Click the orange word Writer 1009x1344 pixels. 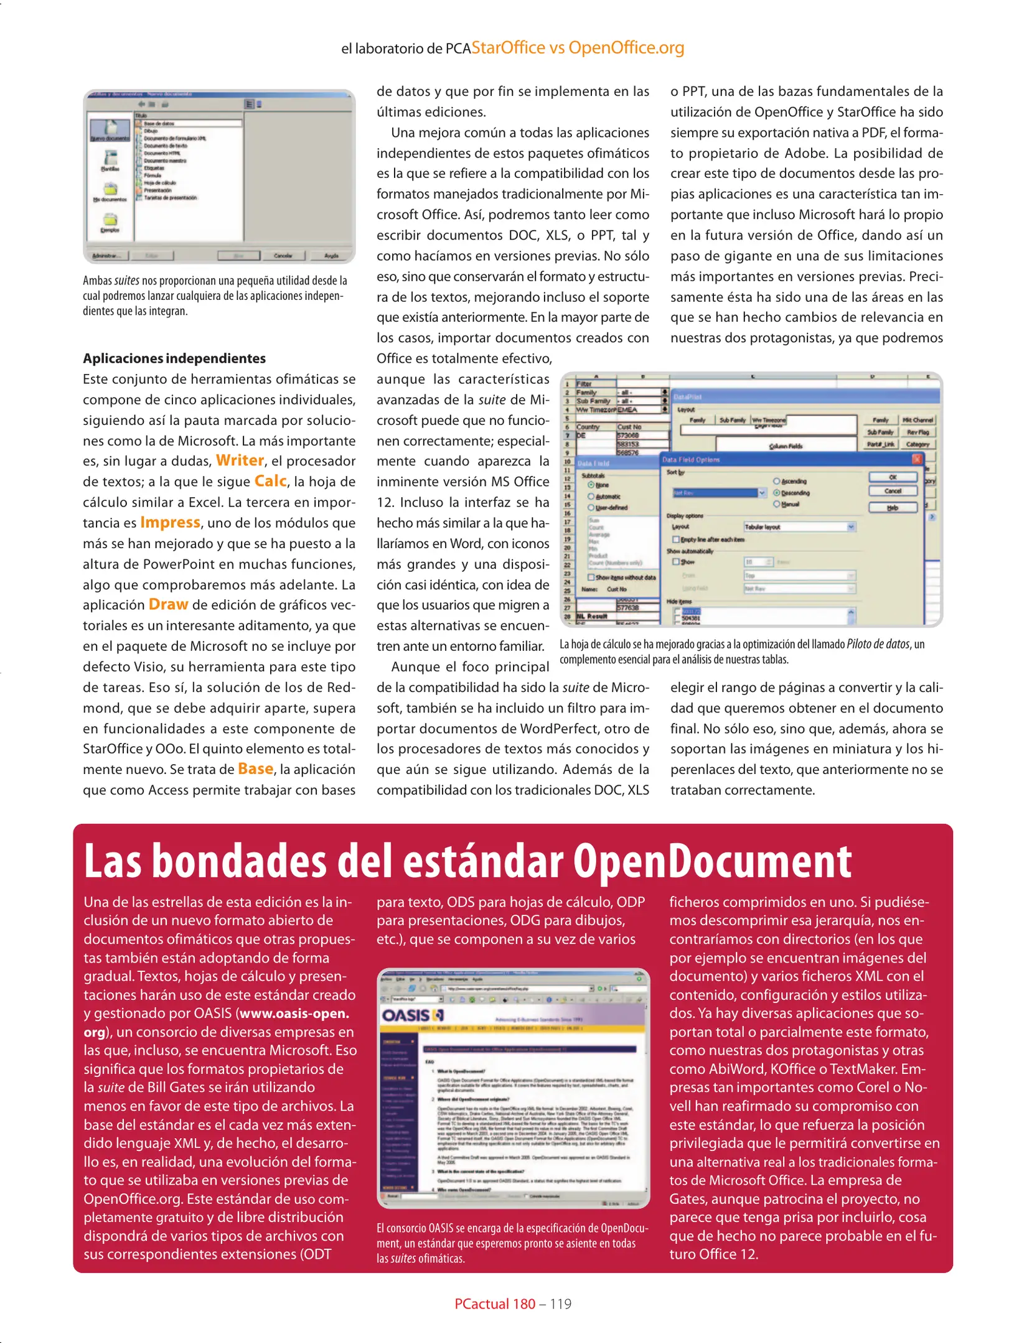tap(240, 460)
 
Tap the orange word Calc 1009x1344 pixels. tap(271, 481)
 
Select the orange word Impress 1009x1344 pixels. tap(170, 522)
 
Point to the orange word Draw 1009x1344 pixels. tap(168, 604)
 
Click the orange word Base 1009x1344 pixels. tap(255, 769)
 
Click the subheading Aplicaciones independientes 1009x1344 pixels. tap(174, 358)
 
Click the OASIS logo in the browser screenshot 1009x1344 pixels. tap(412, 1016)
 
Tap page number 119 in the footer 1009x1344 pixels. tap(560, 1304)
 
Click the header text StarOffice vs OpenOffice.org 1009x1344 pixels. tap(578, 48)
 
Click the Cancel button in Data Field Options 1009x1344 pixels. tap(893, 491)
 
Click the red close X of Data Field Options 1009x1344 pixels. tap(917, 459)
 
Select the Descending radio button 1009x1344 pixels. tap(777, 493)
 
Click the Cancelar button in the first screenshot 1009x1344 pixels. tap(283, 256)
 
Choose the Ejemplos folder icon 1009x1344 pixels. tap(110, 220)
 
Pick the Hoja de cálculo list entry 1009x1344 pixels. tap(160, 183)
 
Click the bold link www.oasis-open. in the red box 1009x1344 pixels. tap(294, 1014)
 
